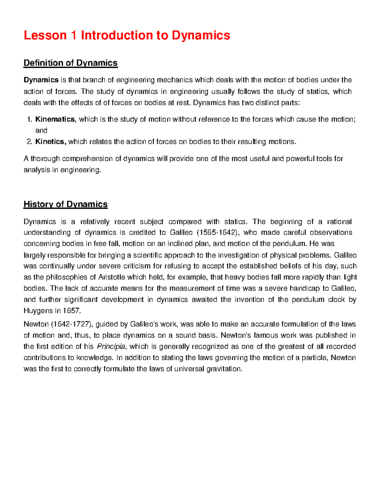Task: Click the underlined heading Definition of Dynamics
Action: tap(71, 63)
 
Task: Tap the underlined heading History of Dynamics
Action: tap(66, 204)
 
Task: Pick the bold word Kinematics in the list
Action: tap(55, 119)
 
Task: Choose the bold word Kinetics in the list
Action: tap(50, 142)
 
